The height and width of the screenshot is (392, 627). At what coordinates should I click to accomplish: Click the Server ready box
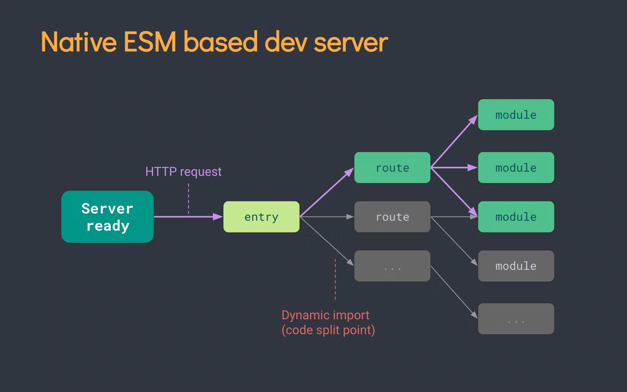107,217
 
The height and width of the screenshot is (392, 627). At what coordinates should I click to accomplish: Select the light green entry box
261,217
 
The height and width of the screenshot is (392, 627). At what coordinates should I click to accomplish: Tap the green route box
392,167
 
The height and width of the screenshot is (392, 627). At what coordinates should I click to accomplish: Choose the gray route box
392,217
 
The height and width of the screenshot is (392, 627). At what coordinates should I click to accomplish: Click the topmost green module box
516,115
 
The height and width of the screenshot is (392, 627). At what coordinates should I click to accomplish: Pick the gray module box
516,266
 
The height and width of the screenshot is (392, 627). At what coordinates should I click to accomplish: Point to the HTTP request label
183,172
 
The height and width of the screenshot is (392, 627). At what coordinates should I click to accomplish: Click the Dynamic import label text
325,315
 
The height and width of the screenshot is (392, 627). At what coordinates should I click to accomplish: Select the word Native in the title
78,42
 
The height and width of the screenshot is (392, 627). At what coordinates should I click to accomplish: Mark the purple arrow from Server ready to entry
187,217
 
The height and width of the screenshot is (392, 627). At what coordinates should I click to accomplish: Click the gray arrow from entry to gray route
327,217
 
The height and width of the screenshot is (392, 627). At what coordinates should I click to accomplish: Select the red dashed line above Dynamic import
335,280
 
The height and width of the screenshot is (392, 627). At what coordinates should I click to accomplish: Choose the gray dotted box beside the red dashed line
392,266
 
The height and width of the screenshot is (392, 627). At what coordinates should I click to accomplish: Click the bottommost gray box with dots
516,319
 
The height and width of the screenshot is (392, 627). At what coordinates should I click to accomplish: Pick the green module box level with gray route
516,217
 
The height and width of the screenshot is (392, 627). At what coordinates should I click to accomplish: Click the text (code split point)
328,330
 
